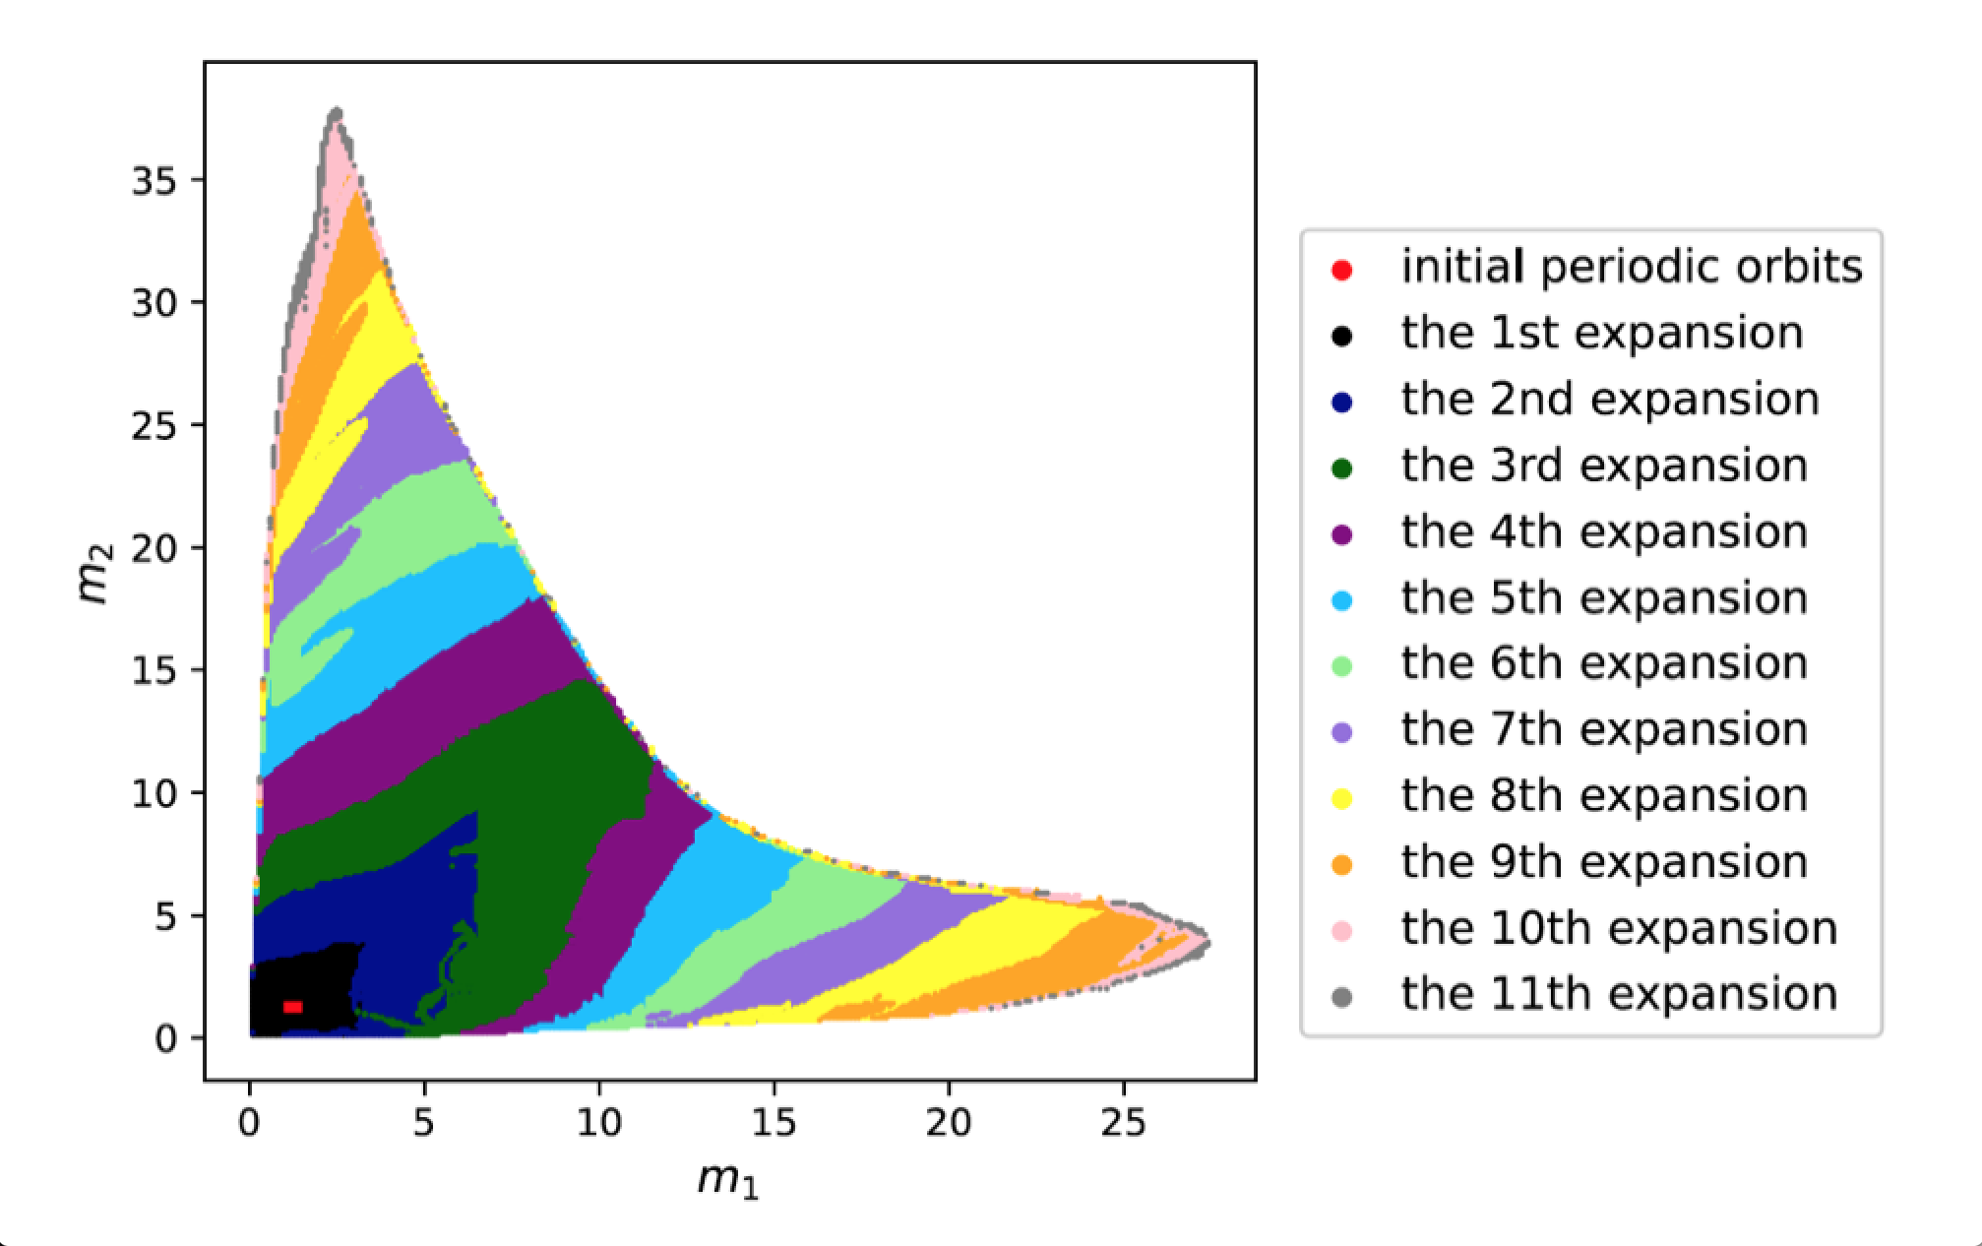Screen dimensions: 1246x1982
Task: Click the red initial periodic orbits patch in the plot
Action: (x=292, y=1007)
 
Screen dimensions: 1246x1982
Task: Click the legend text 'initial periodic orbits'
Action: (x=1631, y=267)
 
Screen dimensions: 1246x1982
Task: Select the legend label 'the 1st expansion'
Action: (x=1601, y=333)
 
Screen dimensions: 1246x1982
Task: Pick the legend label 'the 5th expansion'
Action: (x=1604, y=597)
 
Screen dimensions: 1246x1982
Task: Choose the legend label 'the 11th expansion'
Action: (x=1619, y=994)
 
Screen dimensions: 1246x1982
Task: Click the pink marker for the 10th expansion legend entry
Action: (x=1341, y=930)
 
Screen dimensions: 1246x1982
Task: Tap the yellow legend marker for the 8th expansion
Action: (x=1341, y=798)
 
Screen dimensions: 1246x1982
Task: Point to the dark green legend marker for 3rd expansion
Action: (x=1341, y=468)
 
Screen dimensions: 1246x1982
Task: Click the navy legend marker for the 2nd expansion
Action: (x=1341, y=402)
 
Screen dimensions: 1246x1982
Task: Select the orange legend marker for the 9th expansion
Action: (x=1341, y=864)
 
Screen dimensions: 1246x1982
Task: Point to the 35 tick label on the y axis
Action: (x=155, y=180)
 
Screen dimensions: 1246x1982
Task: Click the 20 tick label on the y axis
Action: (x=155, y=548)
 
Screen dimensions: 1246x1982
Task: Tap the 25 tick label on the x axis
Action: (x=1123, y=1122)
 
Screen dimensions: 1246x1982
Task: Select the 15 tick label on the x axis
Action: (x=774, y=1122)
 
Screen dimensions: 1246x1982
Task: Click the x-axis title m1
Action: (x=728, y=1179)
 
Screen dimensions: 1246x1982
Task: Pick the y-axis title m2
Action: (x=94, y=573)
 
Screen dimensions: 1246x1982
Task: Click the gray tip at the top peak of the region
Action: (x=337, y=112)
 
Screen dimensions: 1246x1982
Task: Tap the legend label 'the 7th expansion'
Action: (x=1604, y=729)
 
